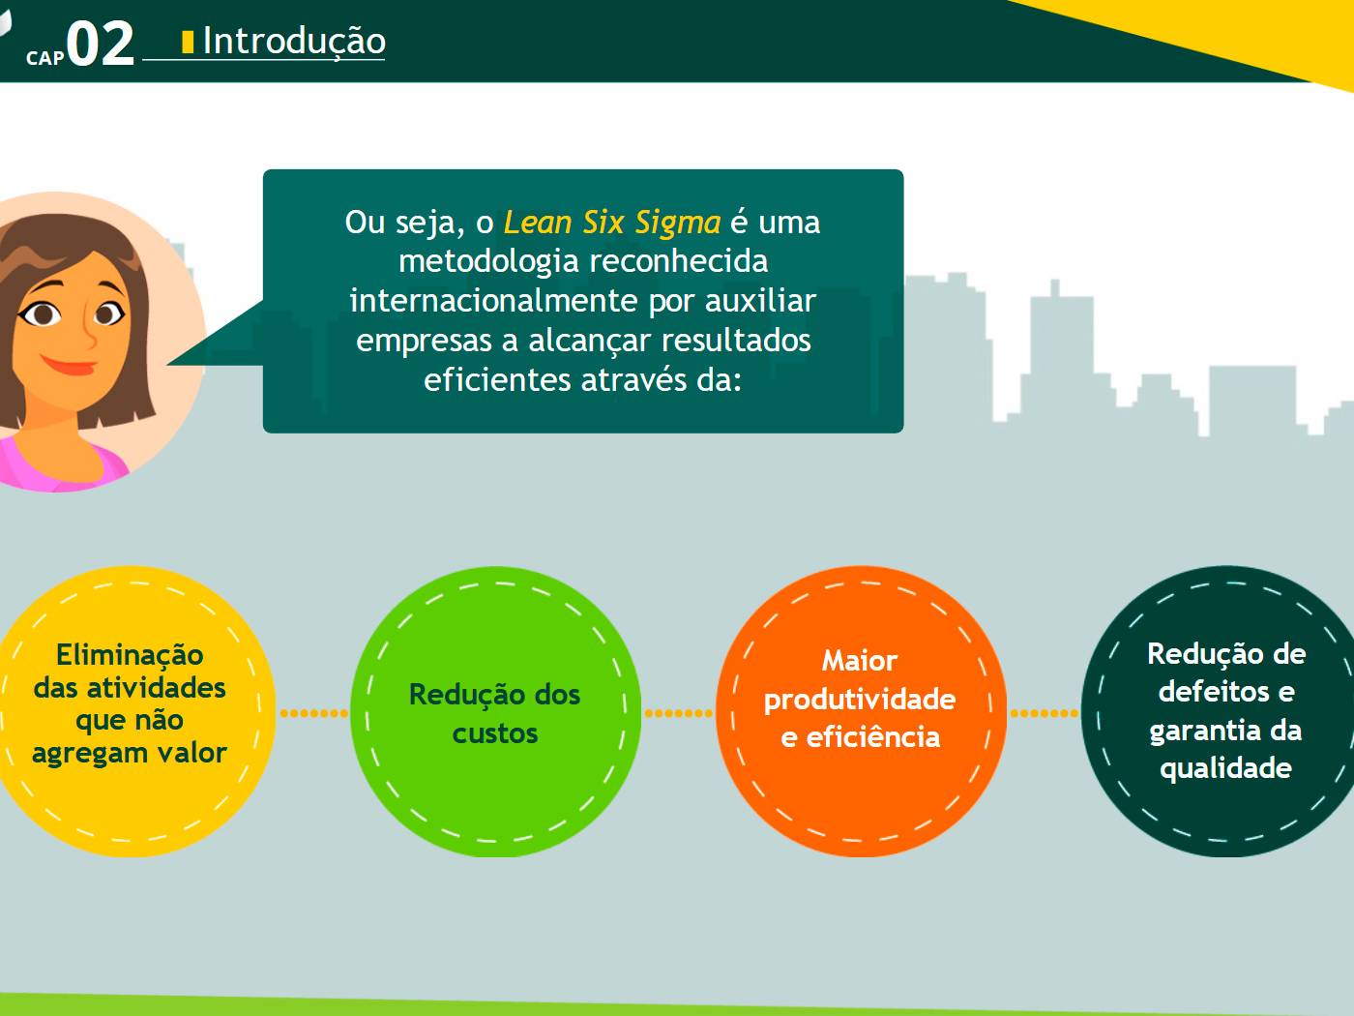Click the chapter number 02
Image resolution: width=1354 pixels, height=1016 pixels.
click(100, 44)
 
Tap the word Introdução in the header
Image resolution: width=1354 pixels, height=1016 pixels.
click(294, 42)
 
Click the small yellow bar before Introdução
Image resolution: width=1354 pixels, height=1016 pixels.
click(188, 42)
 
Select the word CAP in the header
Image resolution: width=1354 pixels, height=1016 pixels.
click(45, 58)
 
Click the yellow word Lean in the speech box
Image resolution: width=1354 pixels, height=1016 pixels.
click(538, 223)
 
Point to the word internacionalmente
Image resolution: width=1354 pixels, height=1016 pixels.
click(493, 300)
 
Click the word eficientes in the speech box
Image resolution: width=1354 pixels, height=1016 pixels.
click(497, 378)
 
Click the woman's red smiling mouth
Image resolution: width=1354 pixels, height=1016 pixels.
click(69, 365)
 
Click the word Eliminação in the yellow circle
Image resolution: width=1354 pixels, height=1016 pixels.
click(130, 655)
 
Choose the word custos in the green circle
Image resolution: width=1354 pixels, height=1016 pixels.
click(495, 733)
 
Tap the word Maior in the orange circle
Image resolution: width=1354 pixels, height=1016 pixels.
click(859, 661)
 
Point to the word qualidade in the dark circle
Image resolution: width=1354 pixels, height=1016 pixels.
click(1225, 769)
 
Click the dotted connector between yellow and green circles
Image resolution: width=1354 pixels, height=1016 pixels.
click(314, 713)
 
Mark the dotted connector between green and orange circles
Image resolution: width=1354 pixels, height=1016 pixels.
click(679, 713)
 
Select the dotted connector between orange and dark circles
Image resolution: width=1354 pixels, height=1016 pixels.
click(1045, 713)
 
